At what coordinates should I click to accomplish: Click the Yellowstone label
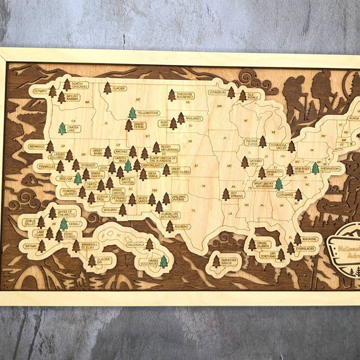(148, 113)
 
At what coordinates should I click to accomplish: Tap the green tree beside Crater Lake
(62, 128)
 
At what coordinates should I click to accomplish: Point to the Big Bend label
(182, 226)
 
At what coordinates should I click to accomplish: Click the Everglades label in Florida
(305, 248)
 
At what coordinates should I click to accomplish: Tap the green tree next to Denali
(63, 223)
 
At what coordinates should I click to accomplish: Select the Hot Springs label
(237, 194)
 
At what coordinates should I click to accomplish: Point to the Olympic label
(40, 91)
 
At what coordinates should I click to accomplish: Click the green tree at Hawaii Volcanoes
(163, 261)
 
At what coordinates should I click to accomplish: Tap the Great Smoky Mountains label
(264, 184)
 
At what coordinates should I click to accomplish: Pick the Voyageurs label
(217, 92)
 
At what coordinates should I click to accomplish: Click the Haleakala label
(135, 245)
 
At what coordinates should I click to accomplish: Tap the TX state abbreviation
(193, 210)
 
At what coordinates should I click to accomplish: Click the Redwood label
(36, 146)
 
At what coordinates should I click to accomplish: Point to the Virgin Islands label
(263, 245)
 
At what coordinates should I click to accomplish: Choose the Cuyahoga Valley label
(278, 146)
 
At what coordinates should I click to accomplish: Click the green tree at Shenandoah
(315, 168)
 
